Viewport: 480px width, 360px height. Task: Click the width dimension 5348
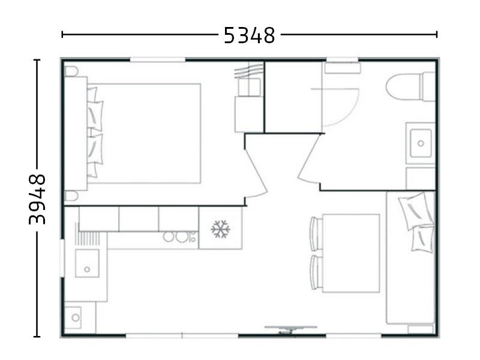(x=249, y=35)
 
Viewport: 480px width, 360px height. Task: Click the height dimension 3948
(x=37, y=199)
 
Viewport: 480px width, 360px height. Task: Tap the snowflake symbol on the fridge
(x=220, y=229)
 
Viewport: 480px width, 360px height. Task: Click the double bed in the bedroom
(x=144, y=133)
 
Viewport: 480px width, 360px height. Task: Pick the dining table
(x=351, y=253)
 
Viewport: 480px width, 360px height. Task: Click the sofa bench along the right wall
(x=410, y=258)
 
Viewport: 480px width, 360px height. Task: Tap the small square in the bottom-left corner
(x=75, y=316)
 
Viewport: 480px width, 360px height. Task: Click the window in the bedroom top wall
(x=157, y=59)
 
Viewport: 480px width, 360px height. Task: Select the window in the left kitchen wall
(x=63, y=258)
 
